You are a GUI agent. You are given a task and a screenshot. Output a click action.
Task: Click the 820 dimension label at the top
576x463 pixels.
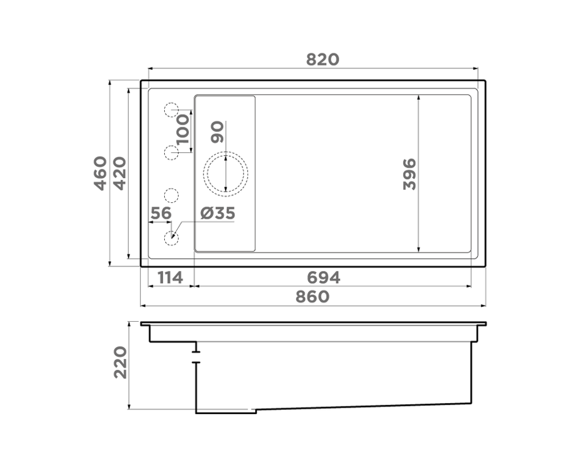[x=323, y=59]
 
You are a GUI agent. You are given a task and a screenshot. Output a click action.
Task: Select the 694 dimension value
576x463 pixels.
[x=323, y=277]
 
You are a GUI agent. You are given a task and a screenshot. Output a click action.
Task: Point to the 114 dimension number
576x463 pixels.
[x=170, y=277]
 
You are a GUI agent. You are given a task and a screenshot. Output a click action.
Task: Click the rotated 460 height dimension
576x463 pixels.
[x=100, y=173]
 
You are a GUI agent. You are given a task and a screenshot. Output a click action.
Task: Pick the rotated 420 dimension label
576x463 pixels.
[x=120, y=173]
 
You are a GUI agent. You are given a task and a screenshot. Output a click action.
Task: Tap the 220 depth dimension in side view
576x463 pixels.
[x=120, y=362]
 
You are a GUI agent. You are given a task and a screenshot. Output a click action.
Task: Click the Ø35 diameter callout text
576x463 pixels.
[x=218, y=213]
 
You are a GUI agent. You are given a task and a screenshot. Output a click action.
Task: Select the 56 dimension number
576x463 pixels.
[x=161, y=213]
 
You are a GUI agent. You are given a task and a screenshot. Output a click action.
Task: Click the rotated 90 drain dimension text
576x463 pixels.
[x=217, y=132]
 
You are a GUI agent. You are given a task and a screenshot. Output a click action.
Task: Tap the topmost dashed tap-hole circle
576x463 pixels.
[x=172, y=110]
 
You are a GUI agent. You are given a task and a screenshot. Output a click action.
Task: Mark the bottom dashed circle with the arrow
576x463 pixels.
[x=172, y=237]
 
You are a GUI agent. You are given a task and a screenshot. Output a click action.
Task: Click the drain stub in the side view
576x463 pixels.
[x=196, y=353]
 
